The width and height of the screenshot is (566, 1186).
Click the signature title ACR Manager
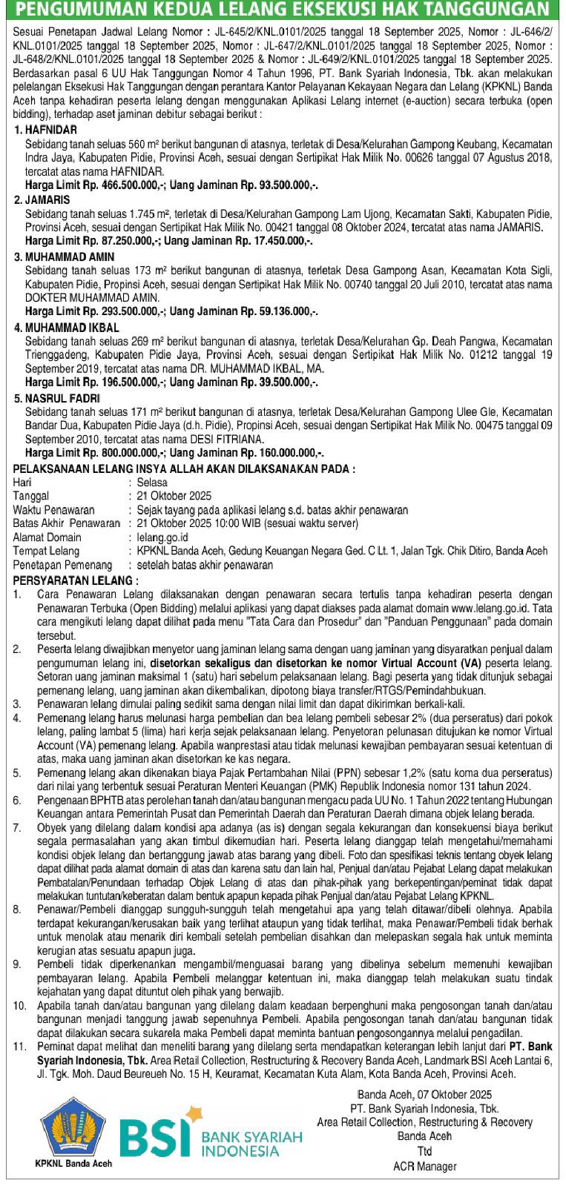pyautogui.click(x=424, y=1166)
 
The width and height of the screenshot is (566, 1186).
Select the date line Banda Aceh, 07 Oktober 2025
pyautogui.click(x=424, y=1094)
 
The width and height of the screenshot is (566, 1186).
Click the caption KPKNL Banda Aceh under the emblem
pyautogui.click(x=73, y=1163)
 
